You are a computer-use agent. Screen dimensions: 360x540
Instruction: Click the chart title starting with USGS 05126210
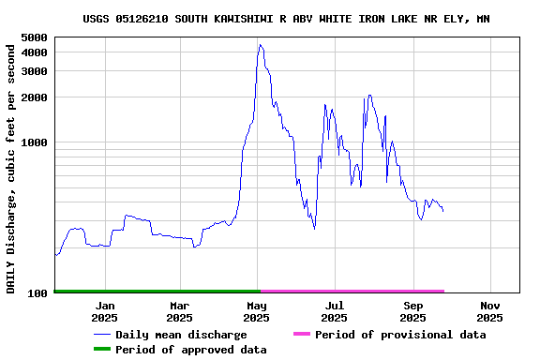tap(286, 19)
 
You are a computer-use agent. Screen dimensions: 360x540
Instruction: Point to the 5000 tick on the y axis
tap(36, 37)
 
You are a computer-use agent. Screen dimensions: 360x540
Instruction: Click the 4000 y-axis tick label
tap(36, 52)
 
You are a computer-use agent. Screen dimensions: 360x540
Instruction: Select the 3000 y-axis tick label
tap(36, 71)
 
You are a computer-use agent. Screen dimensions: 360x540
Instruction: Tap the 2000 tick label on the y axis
tap(36, 97)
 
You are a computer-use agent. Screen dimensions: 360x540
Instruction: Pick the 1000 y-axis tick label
tap(36, 142)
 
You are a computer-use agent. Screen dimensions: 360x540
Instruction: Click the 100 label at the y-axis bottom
tap(38, 293)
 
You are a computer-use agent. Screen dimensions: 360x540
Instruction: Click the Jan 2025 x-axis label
tap(104, 311)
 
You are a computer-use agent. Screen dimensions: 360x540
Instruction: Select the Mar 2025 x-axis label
tap(180, 311)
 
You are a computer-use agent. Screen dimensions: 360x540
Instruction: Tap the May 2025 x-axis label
tap(257, 311)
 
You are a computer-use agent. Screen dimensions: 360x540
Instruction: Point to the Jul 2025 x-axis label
tap(335, 311)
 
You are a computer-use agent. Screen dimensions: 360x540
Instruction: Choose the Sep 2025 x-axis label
tap(412, 311)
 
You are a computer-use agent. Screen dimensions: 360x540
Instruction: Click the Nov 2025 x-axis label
tap(489, 311)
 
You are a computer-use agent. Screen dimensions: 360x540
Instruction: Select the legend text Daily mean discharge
tap(182, 335)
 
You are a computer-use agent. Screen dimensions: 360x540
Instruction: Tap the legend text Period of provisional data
tap(400, 335)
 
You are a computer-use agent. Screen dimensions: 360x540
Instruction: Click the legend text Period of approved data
tap(191, 350)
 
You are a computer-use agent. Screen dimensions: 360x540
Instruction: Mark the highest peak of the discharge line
tap(261, 45)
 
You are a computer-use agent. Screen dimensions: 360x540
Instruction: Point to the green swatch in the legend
tap(101, 350)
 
